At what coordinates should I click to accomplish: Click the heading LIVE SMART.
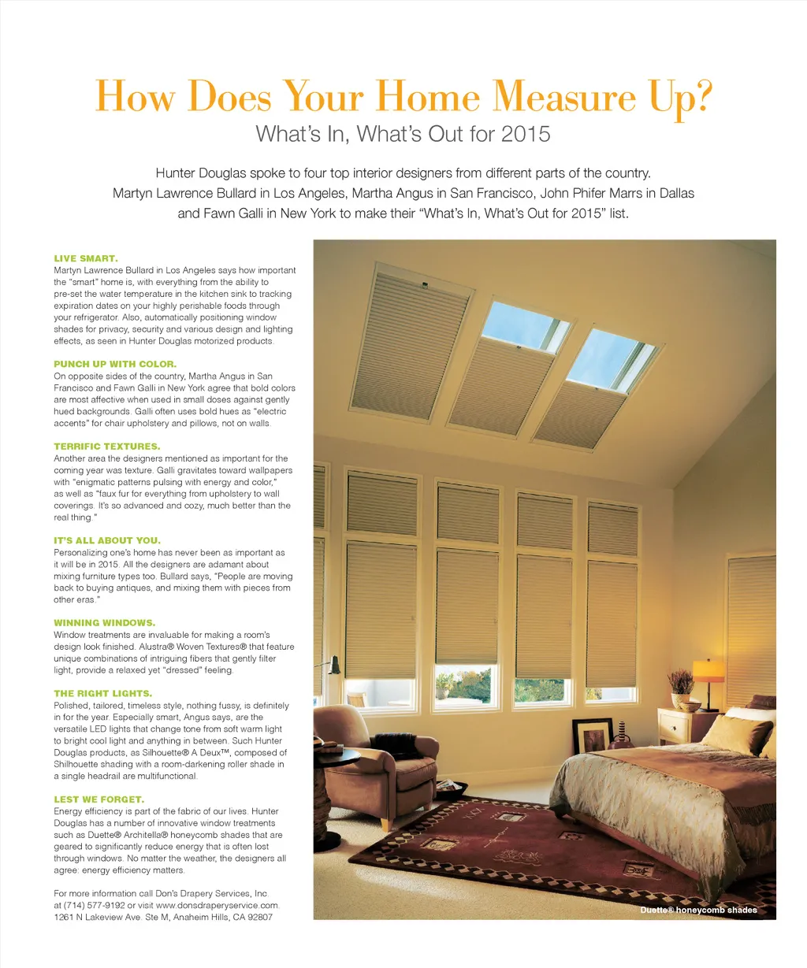pyautogui.click(x=86, y=258)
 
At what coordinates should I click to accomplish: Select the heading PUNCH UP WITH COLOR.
pyautogui.click(x=115, y=365)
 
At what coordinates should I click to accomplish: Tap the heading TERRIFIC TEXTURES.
pyautogui.click(x=106, y=447)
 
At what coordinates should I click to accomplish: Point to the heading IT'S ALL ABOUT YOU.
pyautogui.click(x=107, y=541)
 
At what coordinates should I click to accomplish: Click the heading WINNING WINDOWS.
pyautogui.click(x=104, y=623)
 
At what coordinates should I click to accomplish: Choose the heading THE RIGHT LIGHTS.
pyautogui.click(x=102, y=694)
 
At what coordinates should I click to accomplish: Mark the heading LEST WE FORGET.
pyautogui.click(x=99, y=799)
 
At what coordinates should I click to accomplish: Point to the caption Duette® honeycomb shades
pyautogui.click(x=698, y=910)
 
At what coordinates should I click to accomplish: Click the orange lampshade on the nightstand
pyautogui.click(x=708, y=670)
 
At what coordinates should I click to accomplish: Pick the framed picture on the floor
pyautogui.click(x=593, y=736)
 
